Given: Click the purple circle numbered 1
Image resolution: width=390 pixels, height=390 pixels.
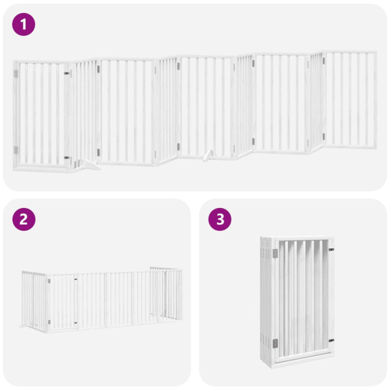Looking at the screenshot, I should [x=24, y=25].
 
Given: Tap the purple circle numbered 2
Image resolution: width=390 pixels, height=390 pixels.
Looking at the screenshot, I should [x=24, y=220].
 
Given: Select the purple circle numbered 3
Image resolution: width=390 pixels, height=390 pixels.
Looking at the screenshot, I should [x=220, y=220].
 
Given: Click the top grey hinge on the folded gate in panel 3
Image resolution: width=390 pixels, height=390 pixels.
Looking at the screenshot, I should [x=275, y=252].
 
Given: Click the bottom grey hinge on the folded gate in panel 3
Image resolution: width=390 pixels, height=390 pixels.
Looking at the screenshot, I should [x=275, y=343].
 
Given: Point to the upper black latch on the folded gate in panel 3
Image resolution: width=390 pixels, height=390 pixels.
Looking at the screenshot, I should [x=331, y=249].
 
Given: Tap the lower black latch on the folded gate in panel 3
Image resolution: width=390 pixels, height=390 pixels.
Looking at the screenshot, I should [x=331, y=339].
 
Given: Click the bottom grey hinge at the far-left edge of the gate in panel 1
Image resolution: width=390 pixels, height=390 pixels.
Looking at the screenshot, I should [x=16, y=150].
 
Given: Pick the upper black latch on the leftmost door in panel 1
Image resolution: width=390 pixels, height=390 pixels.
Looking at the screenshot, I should [x=67, y=74].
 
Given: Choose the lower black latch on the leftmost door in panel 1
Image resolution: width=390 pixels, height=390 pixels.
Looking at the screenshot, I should [x=66, y=157].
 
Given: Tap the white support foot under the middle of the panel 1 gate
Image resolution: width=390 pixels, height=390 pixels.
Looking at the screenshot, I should [x=207, y=155].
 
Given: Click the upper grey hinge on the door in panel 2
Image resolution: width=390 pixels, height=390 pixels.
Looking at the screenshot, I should [x=48, y=281].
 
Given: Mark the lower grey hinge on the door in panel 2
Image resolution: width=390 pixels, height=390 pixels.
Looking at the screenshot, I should [x=49, y=320].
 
